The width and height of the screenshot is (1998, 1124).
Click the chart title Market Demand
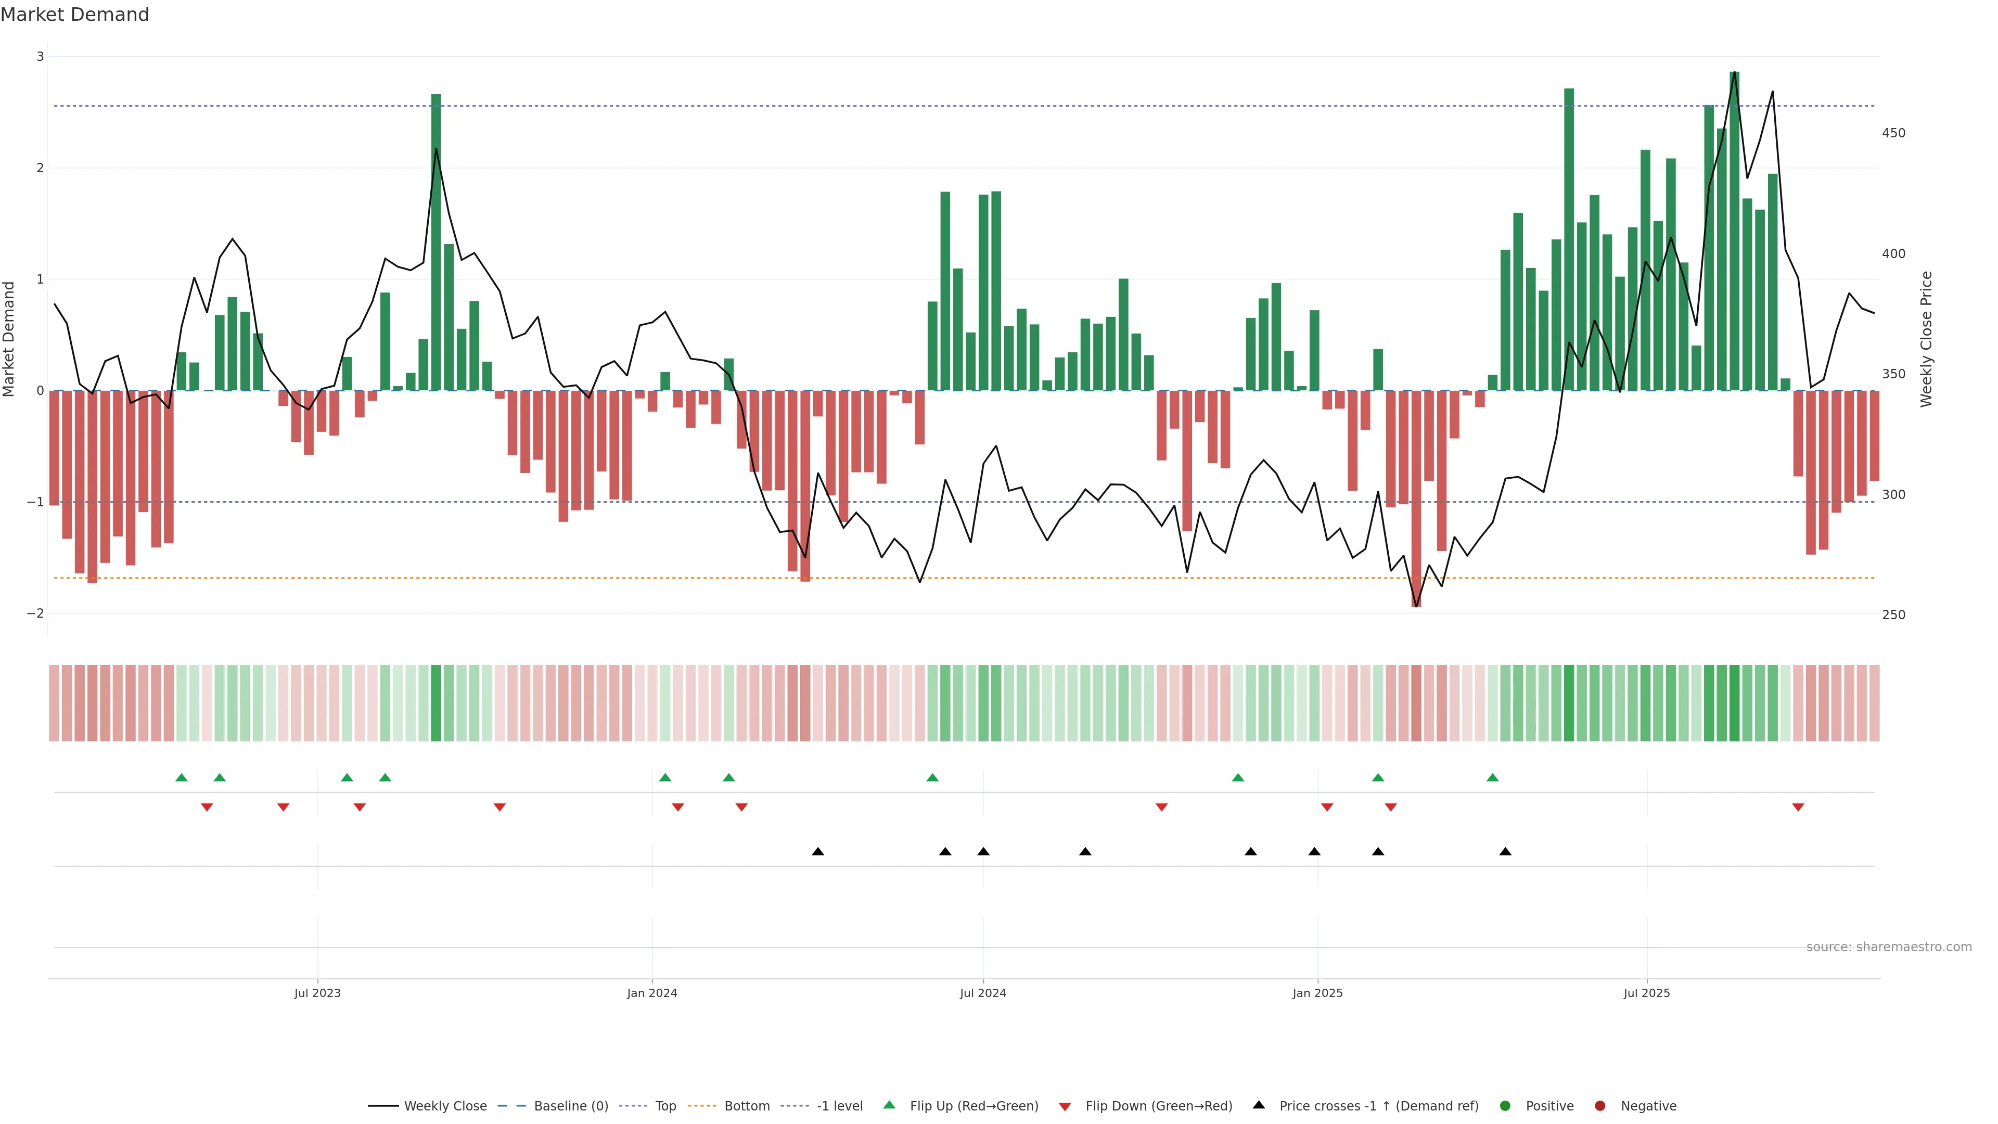(x=74, y=15)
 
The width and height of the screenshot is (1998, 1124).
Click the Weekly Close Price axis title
(x=1927, y=339)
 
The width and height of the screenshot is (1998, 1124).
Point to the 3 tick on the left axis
(x=40, y=57)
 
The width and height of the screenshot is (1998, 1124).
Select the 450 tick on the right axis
(x=1893, y=133)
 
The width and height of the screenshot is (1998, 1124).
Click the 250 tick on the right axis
(x=1893, y=615)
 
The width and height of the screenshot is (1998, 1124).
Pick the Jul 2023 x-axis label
(x=317, y=993)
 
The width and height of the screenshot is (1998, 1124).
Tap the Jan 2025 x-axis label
(x=1317, y=993)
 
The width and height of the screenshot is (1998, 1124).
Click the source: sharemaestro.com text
(x=1889, y=947)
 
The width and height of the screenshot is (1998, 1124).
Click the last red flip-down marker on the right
(x=1798, y=808)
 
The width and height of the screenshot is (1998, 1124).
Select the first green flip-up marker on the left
(x=182, y=777)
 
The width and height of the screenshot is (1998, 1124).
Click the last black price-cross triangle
(x=1505, y=852)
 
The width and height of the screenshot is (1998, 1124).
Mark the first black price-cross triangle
(x=817, y=852)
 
